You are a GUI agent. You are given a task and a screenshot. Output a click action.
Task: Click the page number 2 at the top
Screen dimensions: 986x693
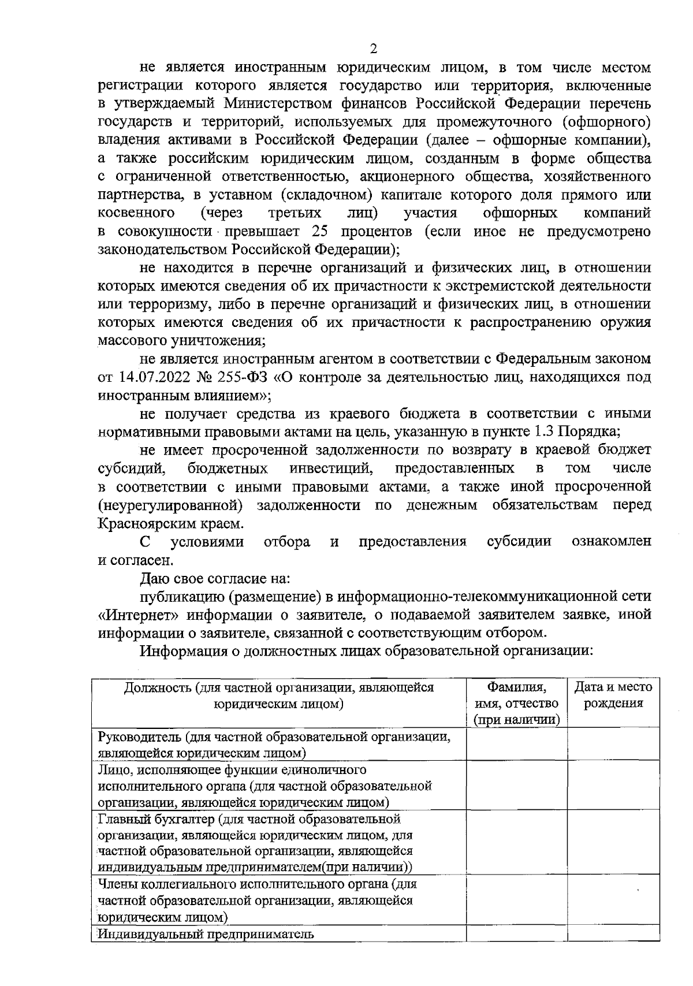click(373, 49)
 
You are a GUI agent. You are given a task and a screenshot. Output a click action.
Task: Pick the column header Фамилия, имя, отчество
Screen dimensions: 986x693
click(516, 703)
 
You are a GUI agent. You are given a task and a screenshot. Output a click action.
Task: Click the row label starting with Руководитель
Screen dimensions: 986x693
click(274, 745)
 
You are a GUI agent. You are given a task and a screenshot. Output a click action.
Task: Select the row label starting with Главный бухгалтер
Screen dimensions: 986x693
click(254, 843)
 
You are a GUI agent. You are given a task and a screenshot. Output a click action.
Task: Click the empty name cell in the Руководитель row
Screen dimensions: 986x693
click(516, 744)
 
